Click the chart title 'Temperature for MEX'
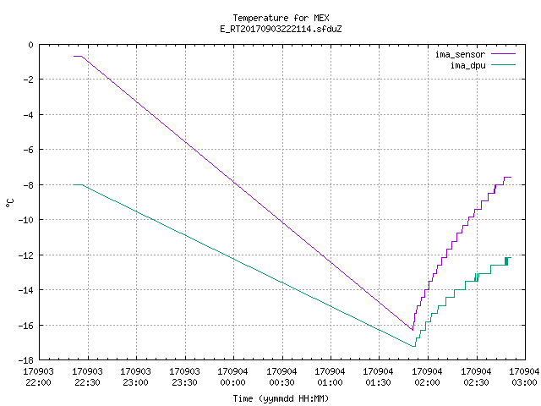click(281, 18)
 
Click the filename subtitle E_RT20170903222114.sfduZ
click(281, 29)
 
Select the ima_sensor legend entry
click(475, 54)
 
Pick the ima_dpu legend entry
click(483, 65)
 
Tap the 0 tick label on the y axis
click(30, 45)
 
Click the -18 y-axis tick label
click(26, 360)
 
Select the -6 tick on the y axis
click(28, 150)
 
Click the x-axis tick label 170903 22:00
click(39, 376)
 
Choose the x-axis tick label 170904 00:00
click(233, 376)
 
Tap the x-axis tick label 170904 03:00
click(524, 376)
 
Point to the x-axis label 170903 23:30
click(184, 376)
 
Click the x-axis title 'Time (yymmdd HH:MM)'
click(281, 398)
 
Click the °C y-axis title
click(9, 203)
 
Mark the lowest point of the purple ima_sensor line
click(413, 330)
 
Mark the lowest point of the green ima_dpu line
click(413, 346)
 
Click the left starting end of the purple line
click(74, 56)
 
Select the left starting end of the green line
click(74, 184)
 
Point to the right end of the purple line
click(511, 177)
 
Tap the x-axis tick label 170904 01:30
click(379, 376)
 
